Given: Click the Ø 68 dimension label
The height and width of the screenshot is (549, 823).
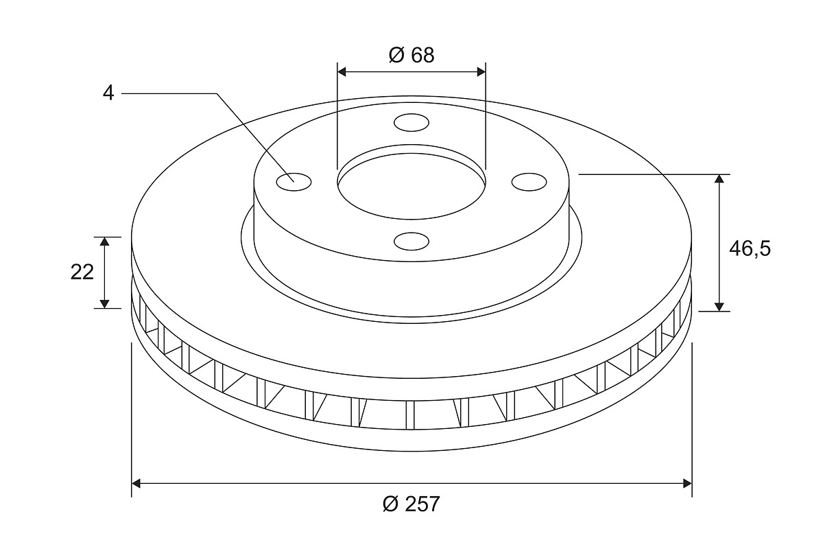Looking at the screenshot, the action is [x=411, y=55].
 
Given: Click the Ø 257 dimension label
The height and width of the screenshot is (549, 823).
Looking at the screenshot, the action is [x=411, y=504].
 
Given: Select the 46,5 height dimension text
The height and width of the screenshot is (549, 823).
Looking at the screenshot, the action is [x=750, y=249].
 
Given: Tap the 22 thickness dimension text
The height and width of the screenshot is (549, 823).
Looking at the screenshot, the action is [x=82, y=272].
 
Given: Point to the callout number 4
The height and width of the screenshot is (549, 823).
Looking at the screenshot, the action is [x=108, y=93].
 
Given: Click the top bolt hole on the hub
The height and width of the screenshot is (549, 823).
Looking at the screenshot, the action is [x=411, y=122].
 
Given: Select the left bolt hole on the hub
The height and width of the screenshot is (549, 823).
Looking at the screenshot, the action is [x=294, y=182].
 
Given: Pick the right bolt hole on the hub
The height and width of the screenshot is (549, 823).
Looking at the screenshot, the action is [x=529, y=182].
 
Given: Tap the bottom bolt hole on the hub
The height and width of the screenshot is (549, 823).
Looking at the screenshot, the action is [x=411, y=242].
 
